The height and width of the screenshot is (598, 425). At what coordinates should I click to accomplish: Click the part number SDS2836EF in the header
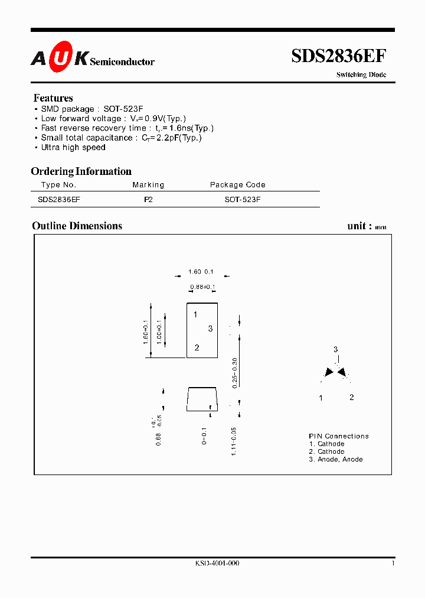339,56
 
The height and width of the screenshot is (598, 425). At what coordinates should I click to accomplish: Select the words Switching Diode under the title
361,75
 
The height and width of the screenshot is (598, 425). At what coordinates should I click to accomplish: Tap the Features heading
53,98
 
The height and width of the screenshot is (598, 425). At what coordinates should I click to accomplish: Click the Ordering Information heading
81,171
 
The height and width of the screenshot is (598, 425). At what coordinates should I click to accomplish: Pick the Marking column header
148,185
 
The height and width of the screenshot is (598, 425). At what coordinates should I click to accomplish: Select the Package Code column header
238,185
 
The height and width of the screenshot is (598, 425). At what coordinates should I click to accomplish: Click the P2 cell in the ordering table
148,200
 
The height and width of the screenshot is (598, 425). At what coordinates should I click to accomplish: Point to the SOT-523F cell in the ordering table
242,200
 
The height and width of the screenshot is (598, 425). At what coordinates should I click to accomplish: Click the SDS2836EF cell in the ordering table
59,200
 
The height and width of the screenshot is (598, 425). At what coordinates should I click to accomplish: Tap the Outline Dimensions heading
77,226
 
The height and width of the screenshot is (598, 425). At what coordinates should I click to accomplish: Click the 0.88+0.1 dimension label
202,288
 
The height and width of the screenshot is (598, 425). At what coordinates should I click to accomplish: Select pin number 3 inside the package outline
210,329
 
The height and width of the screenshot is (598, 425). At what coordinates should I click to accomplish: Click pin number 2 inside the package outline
197,347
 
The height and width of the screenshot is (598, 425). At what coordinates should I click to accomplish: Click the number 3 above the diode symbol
335,349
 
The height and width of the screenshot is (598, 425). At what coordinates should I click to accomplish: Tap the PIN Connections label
339,436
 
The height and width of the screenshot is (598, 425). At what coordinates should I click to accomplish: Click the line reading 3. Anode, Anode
335,459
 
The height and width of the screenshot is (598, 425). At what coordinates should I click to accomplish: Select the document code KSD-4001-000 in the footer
217,563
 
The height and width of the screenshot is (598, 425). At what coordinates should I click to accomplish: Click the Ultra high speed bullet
73,147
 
